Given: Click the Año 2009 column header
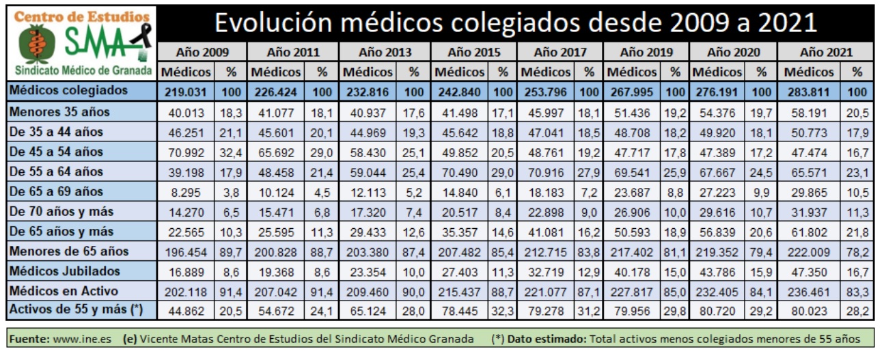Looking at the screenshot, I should click(202, 52).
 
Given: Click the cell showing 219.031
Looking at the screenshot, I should click(187, 91).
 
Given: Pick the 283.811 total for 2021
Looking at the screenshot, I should click(813, 91).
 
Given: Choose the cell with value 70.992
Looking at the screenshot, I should click(187, 152).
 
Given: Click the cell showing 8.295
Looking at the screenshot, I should click(187, 191).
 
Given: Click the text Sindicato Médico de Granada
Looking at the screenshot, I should click(81, 71).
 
